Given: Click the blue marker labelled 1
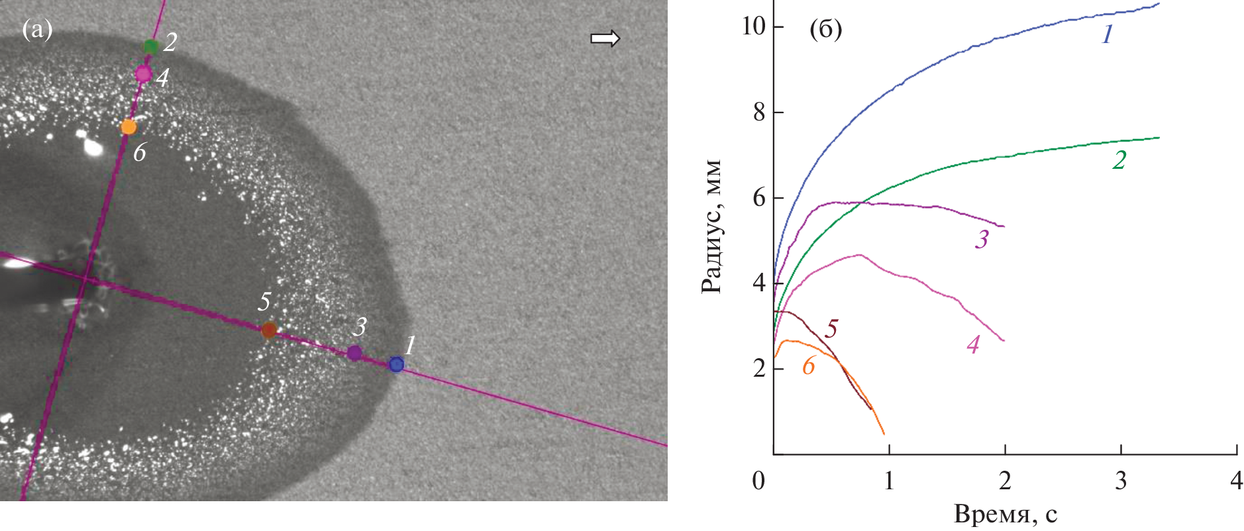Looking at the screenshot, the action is (x=396, y=364).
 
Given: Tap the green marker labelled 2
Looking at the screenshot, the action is (x=151, y=46).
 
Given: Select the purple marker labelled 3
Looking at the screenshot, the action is (x=355, y=353).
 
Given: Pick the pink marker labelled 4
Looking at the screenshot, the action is (x=143, y=73).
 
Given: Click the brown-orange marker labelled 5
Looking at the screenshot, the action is (x=268, y=330).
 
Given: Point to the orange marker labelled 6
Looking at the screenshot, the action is (x=129, y=126).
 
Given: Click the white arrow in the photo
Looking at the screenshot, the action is (x=605, y=38).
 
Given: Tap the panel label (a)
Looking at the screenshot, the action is (x=37, y=29).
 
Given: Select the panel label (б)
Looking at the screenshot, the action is (x=826, y=30).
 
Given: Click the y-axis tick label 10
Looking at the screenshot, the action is (x=753, y=26).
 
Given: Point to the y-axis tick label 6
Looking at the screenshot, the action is (x=759, y=198).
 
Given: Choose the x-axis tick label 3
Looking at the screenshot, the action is (x=1121, y=480).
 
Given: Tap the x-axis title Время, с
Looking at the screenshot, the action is (x=1005, y=514).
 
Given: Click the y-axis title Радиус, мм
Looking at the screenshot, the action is (x=712, y=226).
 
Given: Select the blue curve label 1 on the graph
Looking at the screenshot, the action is (x=1106, y=34).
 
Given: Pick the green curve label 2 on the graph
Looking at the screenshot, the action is (x=1119, y=160).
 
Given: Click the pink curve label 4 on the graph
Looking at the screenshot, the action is (x=972, y=344).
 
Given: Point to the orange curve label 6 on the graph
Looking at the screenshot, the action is (x=808, y=365).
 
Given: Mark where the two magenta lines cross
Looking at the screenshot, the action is (x=85, y=279).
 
